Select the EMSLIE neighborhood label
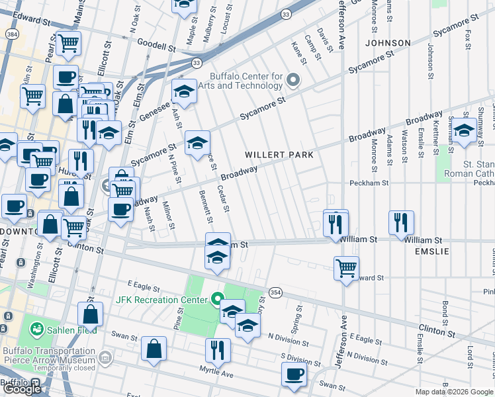click(x=431, y=252)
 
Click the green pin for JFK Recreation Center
click(x=216, y=300)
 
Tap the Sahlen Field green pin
click(x=35, y=329)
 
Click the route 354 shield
click(x=275, y=292)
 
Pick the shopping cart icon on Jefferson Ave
click(x=346, y=268)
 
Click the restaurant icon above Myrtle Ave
click(x=216, y=349)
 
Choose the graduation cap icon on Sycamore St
click(x=197, y=142)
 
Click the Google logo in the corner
click(x=22, y=388)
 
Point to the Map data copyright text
click(x=455, y=392)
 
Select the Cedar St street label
click(x=223, y=199)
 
